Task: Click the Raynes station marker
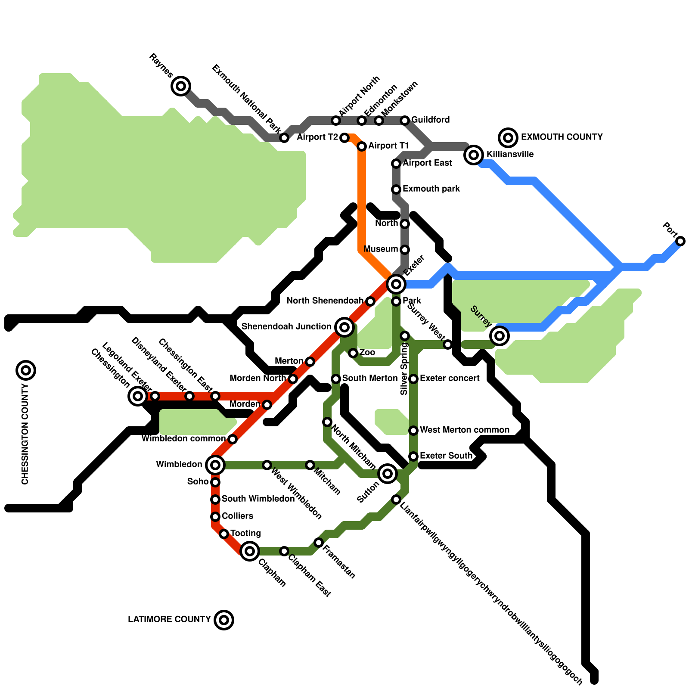(181, 86)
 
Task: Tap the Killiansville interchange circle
(474, 155)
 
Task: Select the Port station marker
(680, 241)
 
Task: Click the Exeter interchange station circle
(396, 284)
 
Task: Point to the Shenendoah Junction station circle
(344, 327)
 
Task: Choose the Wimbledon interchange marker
(215, 465)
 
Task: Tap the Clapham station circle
(250, 551)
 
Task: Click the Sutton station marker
(387, 474)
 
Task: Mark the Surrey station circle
(500, 335)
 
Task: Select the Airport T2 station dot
(344, 138)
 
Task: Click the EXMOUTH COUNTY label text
(562, 137)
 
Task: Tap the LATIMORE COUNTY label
(169, 620)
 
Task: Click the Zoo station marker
(353, 353)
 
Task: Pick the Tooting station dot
(224, 534)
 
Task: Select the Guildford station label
(430, 120)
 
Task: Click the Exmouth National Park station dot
(284, 138)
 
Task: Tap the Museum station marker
(405, 250)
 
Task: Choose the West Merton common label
(464, 430)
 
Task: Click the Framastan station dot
(319, 543)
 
